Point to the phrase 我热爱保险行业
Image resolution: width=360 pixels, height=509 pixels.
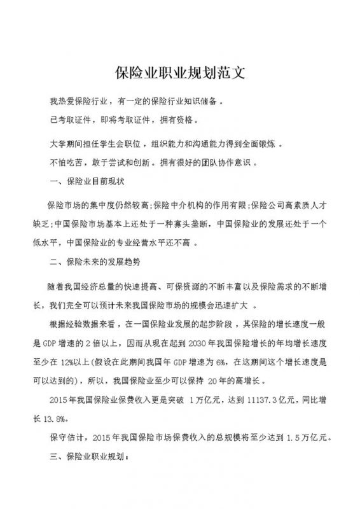pos(76,101)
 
